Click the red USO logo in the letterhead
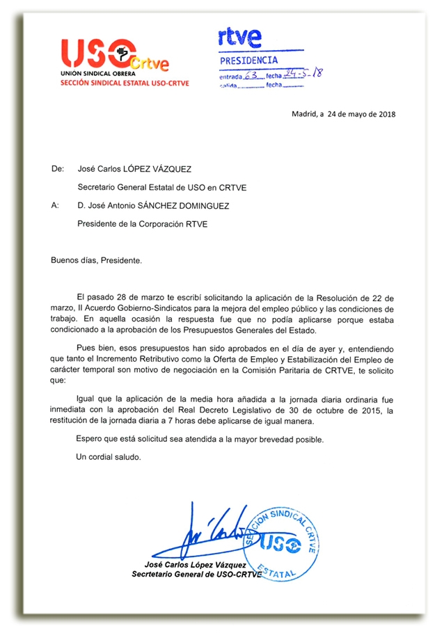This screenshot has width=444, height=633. click(x=97, y=53)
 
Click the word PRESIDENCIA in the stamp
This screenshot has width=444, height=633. click(x=248, y=61)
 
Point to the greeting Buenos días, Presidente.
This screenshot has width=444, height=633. click(x=96, y=260)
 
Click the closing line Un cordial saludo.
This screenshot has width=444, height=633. click(x=107, y=457)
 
